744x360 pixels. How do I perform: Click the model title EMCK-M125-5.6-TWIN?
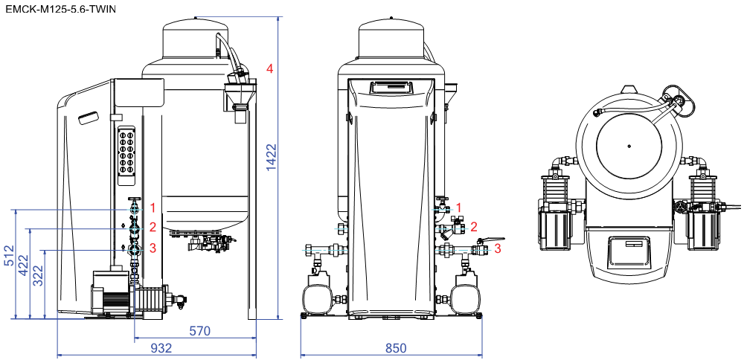61,8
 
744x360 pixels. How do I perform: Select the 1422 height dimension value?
272,157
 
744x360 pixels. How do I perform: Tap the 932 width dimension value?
161,347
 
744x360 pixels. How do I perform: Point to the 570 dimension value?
199,330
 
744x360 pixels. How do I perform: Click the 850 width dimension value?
396,347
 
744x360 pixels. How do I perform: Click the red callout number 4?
269,68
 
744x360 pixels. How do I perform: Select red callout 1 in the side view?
153,208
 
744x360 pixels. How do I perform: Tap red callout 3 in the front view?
497,248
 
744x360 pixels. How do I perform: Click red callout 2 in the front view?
473,227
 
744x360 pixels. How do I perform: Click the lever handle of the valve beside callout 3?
492,240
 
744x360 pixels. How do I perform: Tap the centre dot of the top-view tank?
629,146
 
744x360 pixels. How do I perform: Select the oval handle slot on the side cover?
89,118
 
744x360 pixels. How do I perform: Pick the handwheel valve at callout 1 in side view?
135,207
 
